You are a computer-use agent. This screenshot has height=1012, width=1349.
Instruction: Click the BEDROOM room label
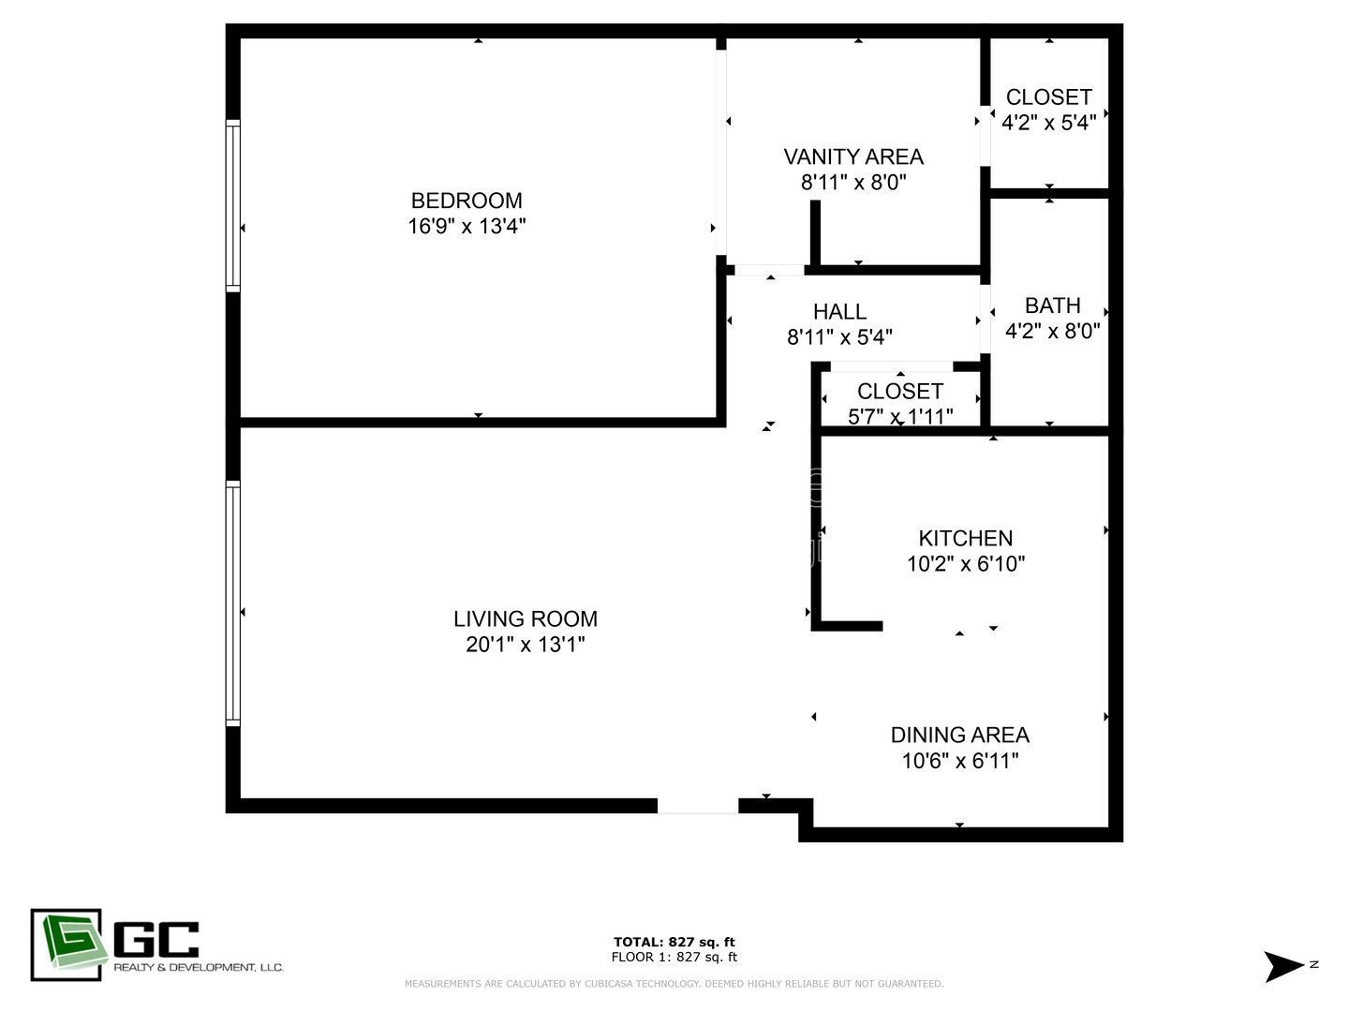pos(467,201)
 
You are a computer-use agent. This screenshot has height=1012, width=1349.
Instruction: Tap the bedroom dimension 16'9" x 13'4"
pos(467,226)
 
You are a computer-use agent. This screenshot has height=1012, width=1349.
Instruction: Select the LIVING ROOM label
pos(525,618)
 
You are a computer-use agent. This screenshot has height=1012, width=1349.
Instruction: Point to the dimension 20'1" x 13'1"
pos(525,645)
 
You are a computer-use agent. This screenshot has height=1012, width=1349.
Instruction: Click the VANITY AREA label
pos(852,156)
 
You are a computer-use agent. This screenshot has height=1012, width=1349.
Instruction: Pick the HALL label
pos(839,311)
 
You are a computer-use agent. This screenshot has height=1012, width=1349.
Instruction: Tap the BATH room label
pos(1052,305)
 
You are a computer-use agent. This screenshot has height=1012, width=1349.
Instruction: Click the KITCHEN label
pos(965,538)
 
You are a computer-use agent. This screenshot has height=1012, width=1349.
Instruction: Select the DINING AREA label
pos(959,735)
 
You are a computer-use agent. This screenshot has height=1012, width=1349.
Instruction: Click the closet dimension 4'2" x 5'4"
pos(1048,123)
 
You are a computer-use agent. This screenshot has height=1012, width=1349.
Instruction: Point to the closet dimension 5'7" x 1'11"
pos(900,416)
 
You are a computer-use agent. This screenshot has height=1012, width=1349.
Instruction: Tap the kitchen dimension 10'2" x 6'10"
pos(965,564)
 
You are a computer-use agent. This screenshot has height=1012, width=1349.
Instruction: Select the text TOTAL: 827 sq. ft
pos(674,942)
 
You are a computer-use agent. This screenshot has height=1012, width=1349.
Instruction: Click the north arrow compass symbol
pos(1283,966)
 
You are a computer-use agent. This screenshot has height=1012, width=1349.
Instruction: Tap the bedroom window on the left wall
pos(233,205)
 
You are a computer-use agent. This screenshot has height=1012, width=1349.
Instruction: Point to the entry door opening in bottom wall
pos(697,806)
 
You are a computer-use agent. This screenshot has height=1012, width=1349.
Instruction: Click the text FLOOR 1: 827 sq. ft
pos(674,957)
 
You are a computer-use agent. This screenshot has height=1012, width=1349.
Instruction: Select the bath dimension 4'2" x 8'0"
pos(1052,331)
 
